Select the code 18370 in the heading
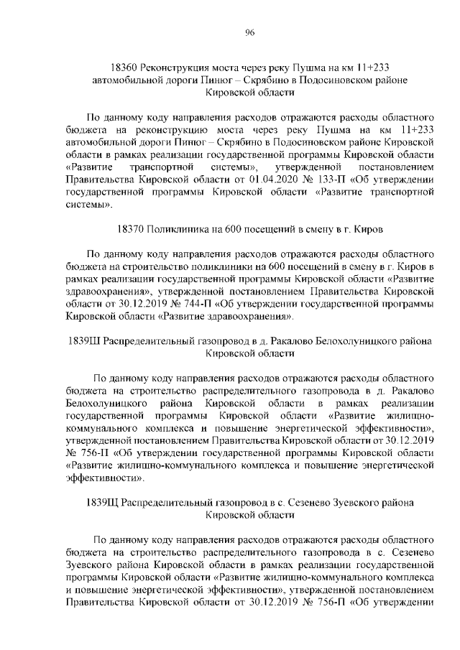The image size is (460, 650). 129,230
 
